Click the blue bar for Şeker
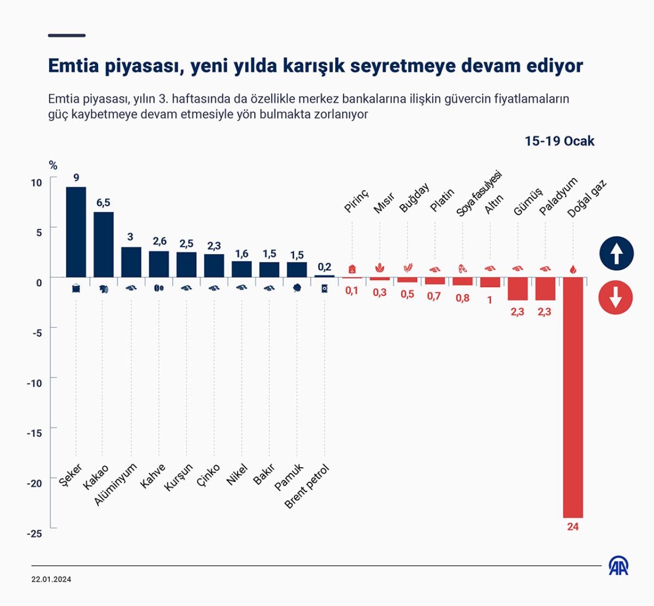pyautogui.click(x=76, y=232)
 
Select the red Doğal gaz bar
pyautogui.click(x=573, y=397)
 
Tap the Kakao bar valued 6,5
pyautogui.click(x=104, y=244)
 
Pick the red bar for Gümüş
pyautogui.click(x=517, y=289)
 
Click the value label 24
pyautogui.click(x=573, y=527)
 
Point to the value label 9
pyautogui.click(x=76, y=177)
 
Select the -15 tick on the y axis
pyautogui.click(x=34, y=433)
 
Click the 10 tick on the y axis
pyautogui.click(x=36, y=183)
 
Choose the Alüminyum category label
pyautogui.click(x=116, y=484)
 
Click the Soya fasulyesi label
pyautogui.click(x=479, y=194)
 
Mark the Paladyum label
pyautogui.click(x=558, y=197)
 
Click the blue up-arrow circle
pyautogui.click(x=616, y=254)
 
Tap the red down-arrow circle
pyautogui.click(x=616, y=298)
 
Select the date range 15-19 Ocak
pyautogui.click(x=559, y=141)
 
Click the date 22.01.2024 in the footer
pyautogui.click(x=51, y=579)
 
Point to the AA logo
pyautogui.click(x=619, y=566)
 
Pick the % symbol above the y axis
pyautogui.click(x=53, y=166)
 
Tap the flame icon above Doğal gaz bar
pyautogui.click(x=573, y=269)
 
